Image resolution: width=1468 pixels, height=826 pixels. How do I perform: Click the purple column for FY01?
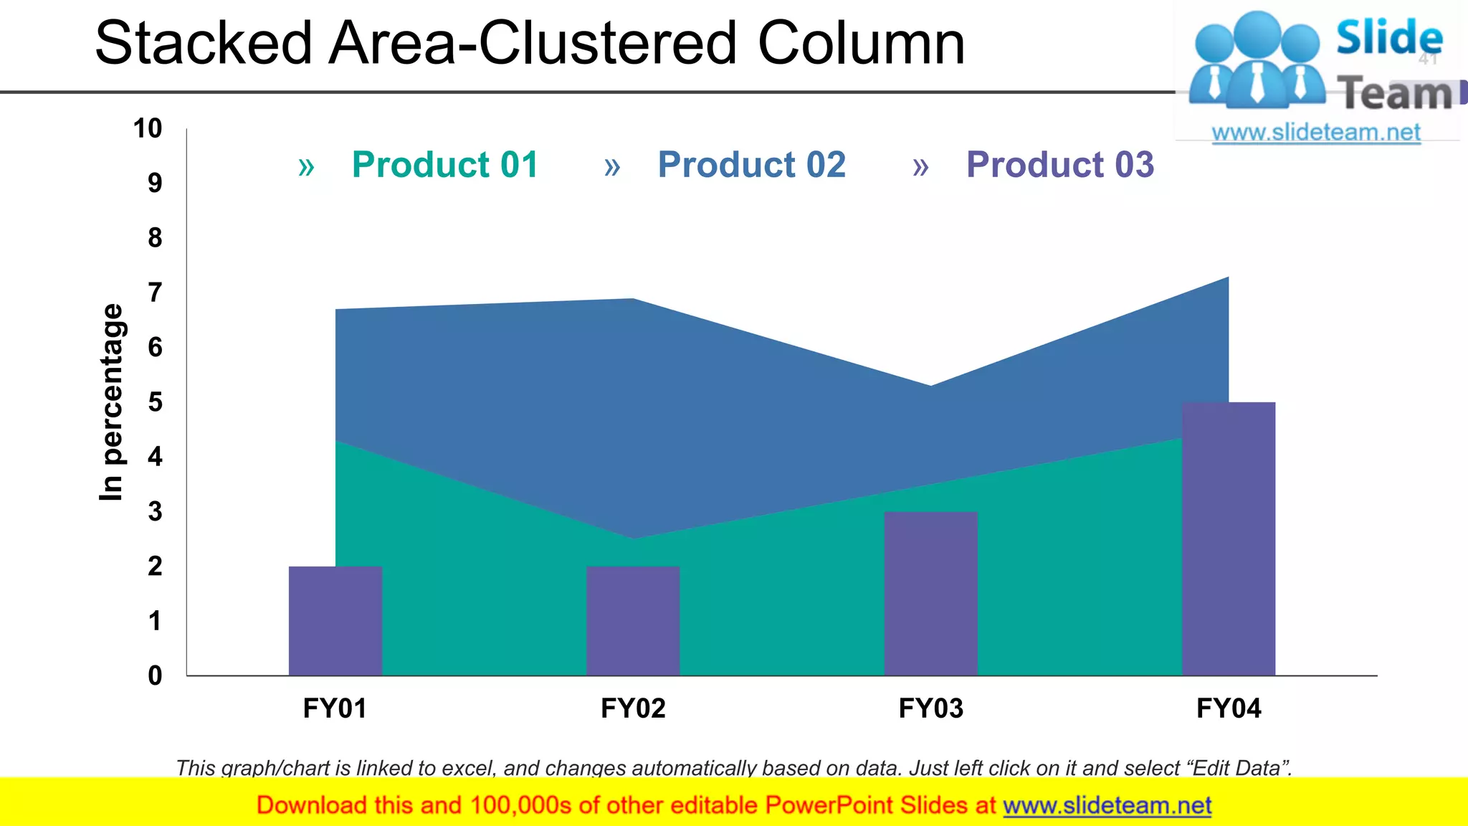click(335, 621)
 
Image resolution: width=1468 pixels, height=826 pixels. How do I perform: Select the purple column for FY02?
click(633, 621)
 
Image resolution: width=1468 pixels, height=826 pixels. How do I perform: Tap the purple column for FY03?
click(930, 594)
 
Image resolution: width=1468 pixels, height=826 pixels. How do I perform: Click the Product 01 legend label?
click(445, 165)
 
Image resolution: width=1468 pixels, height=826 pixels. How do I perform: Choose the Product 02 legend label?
click(752, 165)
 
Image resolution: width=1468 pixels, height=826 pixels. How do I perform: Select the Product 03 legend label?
click(1060, 165)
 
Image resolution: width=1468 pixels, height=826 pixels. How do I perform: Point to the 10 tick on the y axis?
click(148, 129)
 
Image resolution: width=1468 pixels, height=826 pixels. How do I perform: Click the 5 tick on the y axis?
click(155, 402)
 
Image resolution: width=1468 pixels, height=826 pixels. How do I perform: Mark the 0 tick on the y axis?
click(155, 675)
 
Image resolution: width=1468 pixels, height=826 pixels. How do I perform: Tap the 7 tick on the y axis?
click(155, 293)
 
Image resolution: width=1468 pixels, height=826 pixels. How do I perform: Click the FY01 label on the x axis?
click(335, 708)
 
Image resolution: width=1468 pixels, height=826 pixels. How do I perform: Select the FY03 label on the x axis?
click(930, 708)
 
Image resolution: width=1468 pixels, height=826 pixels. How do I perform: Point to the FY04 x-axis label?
click(1229, 708)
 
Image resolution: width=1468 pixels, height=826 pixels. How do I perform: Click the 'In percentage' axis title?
click(111, 402)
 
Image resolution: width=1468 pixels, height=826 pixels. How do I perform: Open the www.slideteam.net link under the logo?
click(1316, 133)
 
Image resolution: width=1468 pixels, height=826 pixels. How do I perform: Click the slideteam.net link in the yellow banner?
click(1107, 806)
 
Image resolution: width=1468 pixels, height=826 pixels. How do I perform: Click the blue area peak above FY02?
click(633, 304)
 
